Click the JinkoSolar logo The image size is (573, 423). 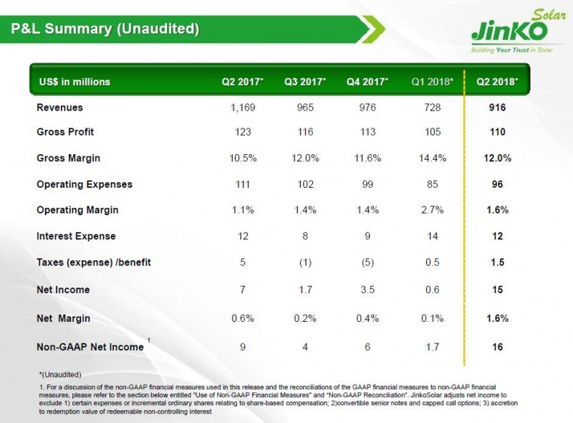[x=511, y=33]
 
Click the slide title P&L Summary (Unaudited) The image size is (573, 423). [x=105, y=29]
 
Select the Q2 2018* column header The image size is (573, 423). [x=498, y=82]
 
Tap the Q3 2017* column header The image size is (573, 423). [x=305, y=82]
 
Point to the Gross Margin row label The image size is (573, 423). [x=68, y=158]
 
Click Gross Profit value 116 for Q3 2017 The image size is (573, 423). [x=305, y=133]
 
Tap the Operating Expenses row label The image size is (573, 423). [x=85, y=184]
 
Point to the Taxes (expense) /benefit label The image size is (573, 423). [x=94, y=262]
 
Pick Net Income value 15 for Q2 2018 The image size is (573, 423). [x=498, y=290]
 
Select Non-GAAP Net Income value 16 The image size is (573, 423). [x=498, y=347]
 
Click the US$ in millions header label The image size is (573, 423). [x=74, y=82]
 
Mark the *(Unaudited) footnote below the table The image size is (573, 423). [x=60, y=375]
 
